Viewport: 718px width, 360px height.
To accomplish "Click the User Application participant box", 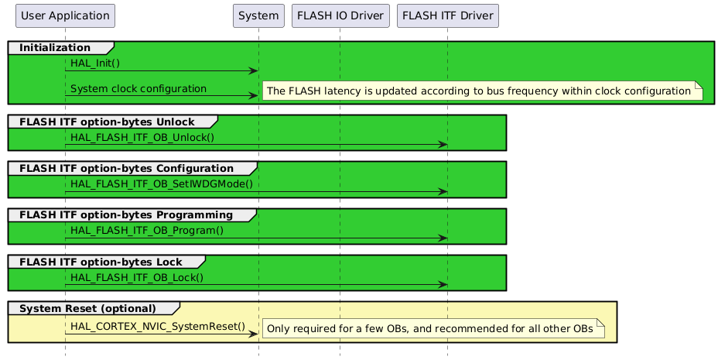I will click(65, 15).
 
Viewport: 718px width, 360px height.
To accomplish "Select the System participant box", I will click(258, 15).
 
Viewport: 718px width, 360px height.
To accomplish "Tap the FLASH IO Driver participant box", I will click(340, 15).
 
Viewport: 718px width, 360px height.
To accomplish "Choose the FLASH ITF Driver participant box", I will click(447, 15).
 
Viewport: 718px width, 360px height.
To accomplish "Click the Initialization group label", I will click(54, 48).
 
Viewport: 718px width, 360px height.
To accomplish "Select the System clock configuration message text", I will click(138, 89).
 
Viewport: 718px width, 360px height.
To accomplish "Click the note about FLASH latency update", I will click(479, 91).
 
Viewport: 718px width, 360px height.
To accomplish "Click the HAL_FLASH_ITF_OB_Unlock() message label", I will click(142, 137).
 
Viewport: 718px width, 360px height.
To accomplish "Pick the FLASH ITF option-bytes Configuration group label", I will click(126, 168).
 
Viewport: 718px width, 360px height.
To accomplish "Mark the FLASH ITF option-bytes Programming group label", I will click(126, 214).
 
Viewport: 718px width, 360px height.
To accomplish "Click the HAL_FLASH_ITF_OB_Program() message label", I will click(146, 230).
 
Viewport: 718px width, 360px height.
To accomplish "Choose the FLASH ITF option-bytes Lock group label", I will click(101, 262).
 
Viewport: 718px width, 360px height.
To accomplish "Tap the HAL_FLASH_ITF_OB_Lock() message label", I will click(136, 277).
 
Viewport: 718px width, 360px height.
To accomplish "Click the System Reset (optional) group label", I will click(87, 308).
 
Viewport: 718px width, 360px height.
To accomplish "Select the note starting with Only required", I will click(435, 329).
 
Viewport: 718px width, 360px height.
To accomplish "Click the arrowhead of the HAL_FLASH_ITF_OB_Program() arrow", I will click(443, 238).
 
